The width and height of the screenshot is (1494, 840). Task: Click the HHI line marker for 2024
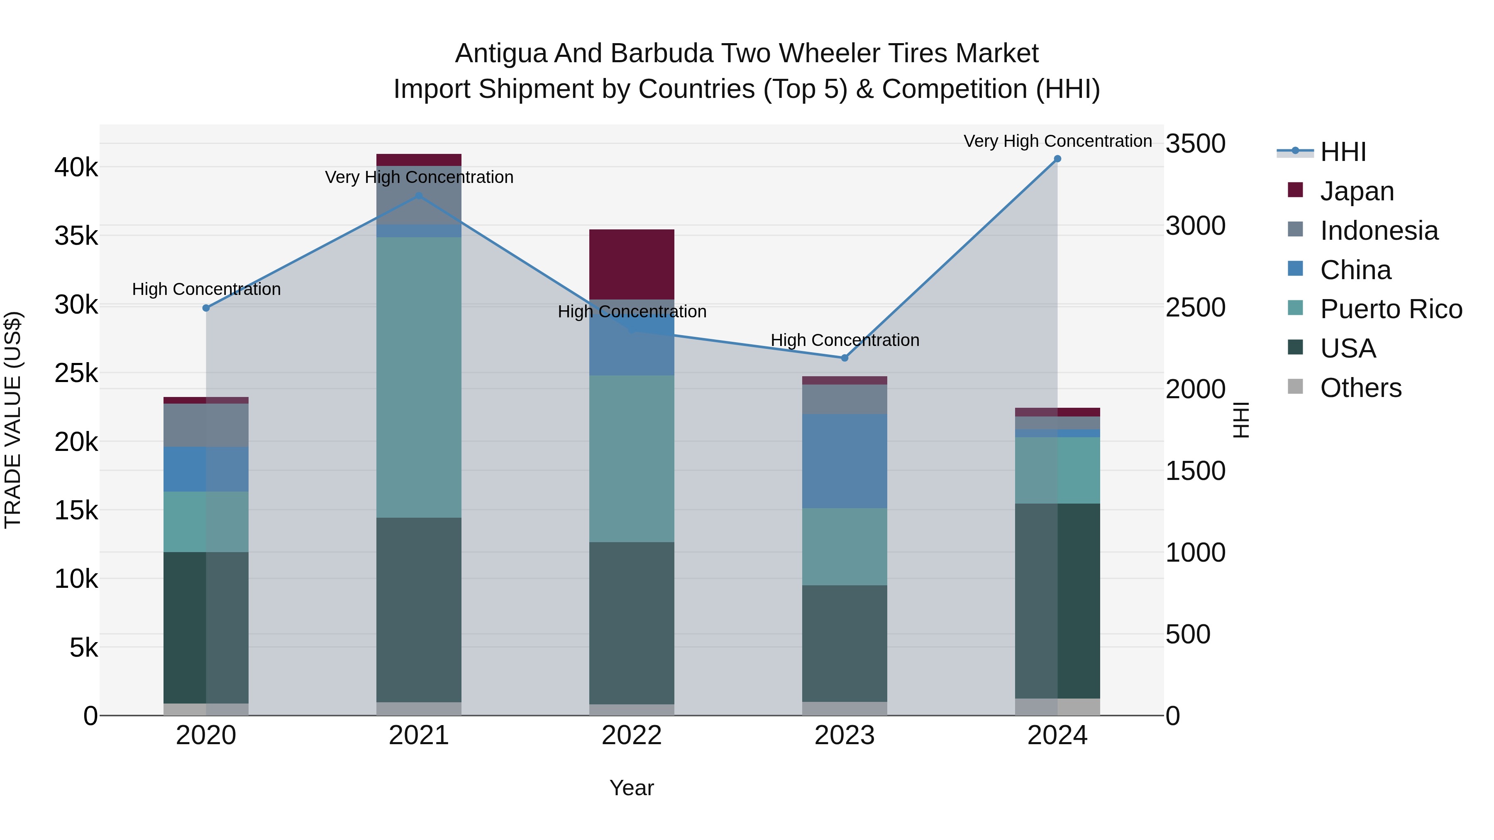[1057, 159]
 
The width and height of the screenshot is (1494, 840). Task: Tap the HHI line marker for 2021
[419, 196]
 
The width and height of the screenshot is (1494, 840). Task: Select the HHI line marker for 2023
[845, 358]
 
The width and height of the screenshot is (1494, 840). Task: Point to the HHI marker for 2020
[206, 308]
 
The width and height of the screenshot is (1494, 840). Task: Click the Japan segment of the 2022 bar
[632, 264]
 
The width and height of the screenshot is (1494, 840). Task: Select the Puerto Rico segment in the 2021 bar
[419, 377]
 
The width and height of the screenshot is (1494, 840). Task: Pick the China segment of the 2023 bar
[845, 461]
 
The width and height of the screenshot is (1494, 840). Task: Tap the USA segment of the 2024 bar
[1057, 601]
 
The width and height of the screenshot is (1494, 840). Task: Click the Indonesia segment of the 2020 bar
[206, 425]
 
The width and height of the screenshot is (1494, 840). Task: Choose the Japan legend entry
[1357, 191]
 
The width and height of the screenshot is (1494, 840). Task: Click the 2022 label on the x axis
[632, 735]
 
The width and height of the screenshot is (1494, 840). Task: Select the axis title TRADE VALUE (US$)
[13, 420]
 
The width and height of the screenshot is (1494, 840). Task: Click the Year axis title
[632, 788]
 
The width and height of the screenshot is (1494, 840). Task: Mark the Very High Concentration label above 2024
[1057, 141]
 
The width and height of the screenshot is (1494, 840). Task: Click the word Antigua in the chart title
[500, 54]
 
